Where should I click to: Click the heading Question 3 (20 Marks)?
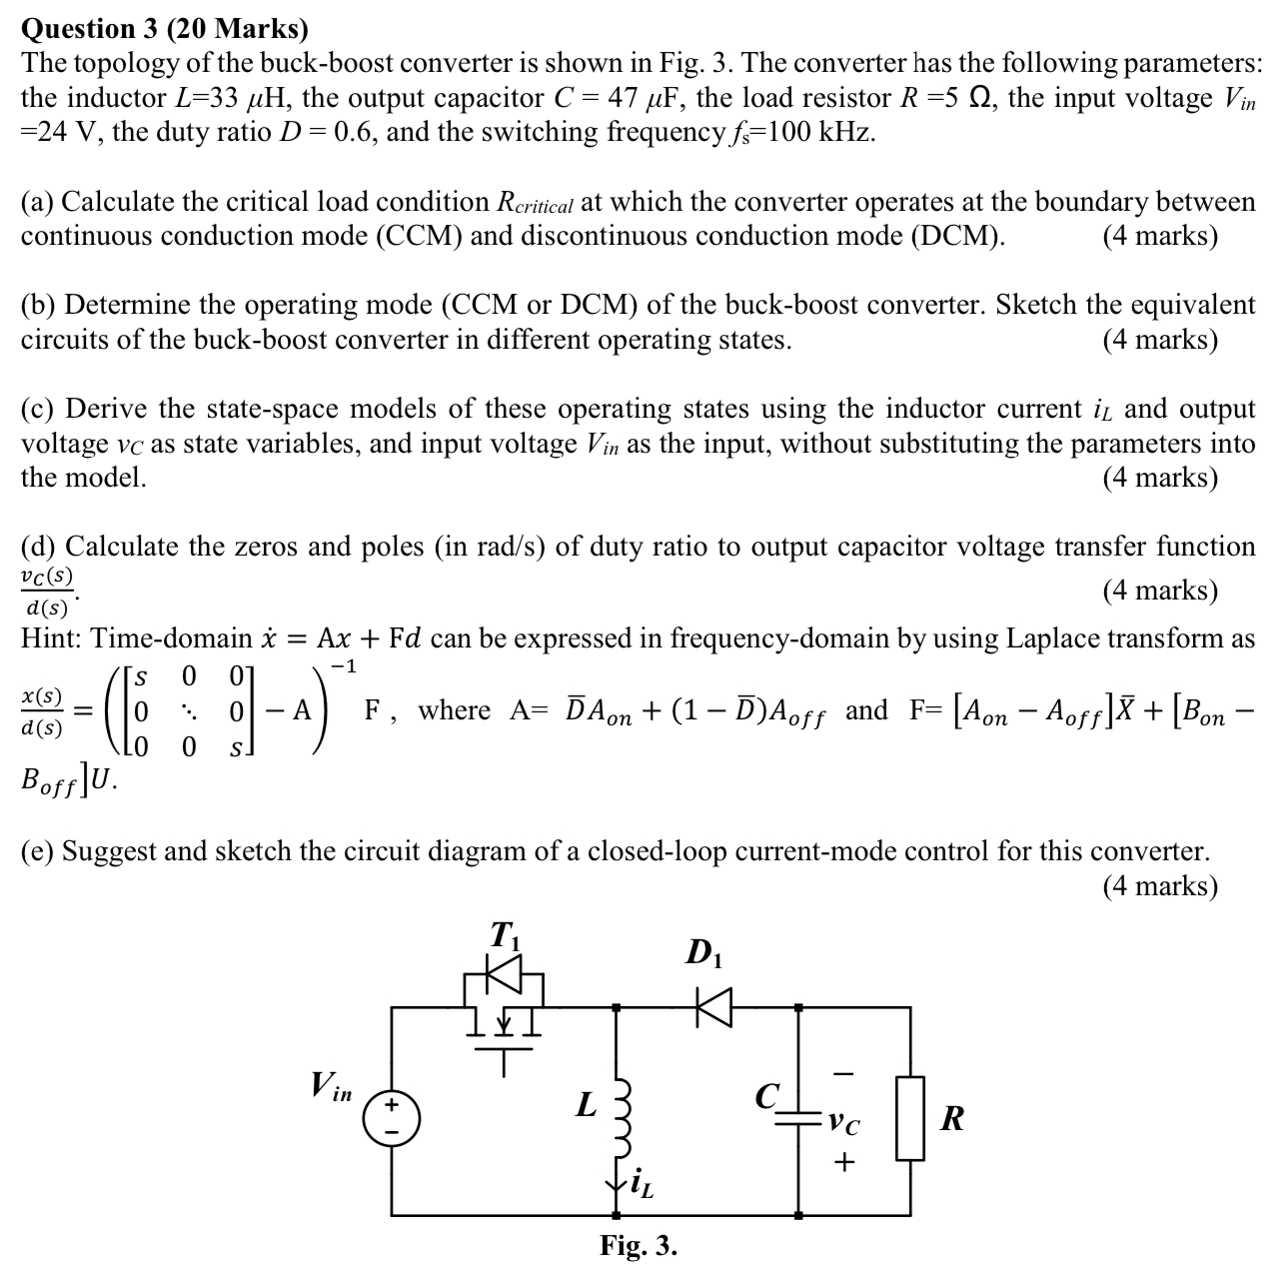pyautogui.click(x=165, y=27)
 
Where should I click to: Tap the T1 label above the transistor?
pyautogui.click(x=504, y=937)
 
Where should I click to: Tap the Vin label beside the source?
pyautogui.click(x=331, y=1087)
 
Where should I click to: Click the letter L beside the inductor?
pyautogui.click(x=586, y=1106)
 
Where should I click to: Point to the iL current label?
pyautogui.click(x=639, y=1185)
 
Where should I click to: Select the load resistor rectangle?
pyautogui.click(x=909, y=1117)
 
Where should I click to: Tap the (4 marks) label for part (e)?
pyautogui.click(x=1160, y=885)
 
